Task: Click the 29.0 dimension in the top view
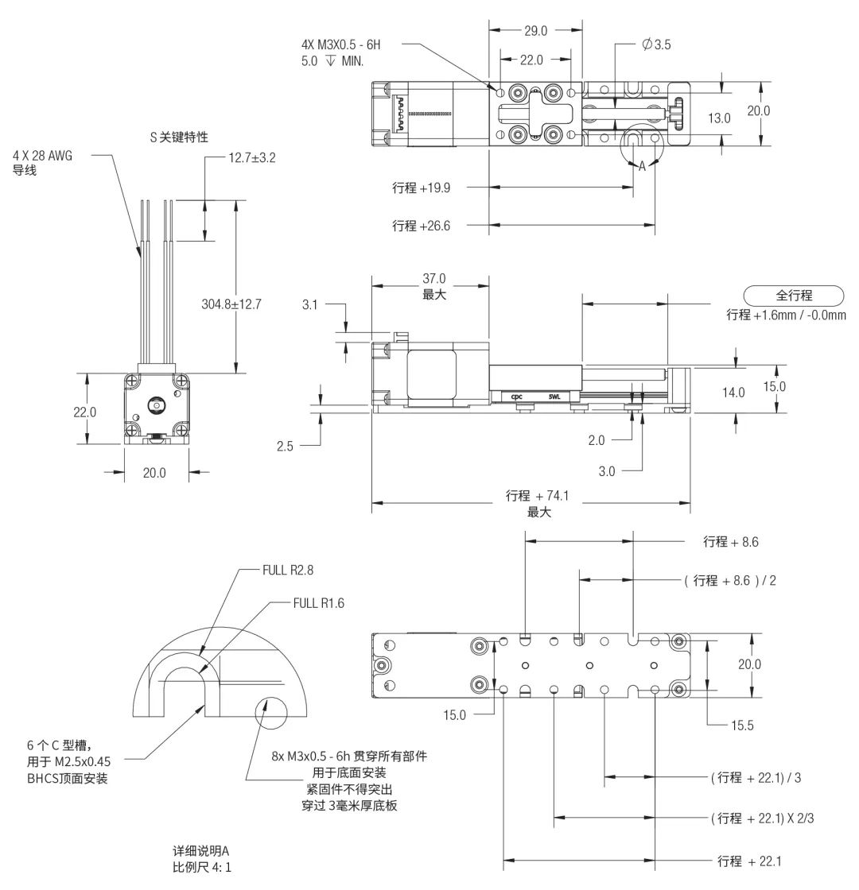pos(534,31)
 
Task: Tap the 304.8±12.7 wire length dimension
pos(233,303)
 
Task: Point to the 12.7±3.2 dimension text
pos(253,157)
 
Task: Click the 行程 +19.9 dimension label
pos(421,188)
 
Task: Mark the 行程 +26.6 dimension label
pos(421,226)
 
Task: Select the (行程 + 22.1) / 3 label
pos(756,777)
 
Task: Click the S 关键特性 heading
pos(180,137)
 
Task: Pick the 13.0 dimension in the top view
pos(719,118)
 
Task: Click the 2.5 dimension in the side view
pos(285,446)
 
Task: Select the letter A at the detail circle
pos(642,165)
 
